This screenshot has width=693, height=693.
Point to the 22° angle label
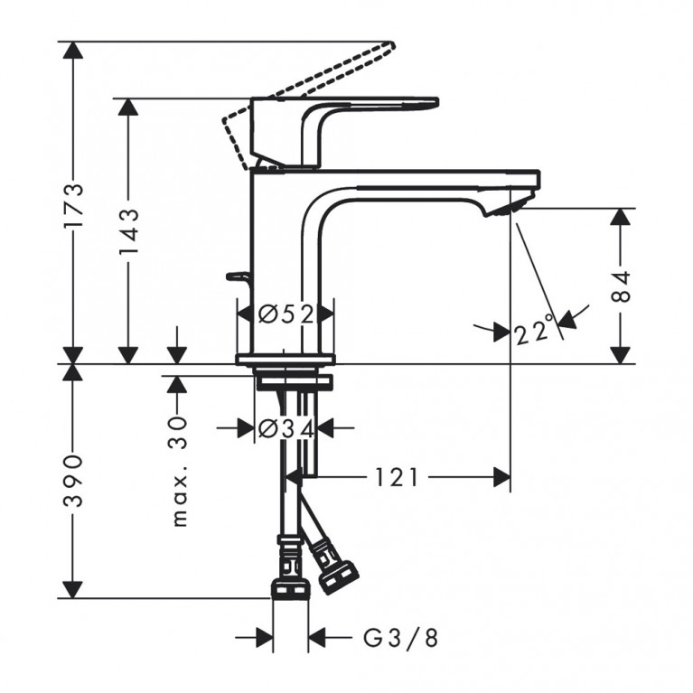(533, 332)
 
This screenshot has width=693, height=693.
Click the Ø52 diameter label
(285, 314)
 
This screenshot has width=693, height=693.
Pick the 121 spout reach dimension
(398, 477)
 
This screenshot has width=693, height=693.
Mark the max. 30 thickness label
(178, 470)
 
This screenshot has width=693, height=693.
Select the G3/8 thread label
(400, 640)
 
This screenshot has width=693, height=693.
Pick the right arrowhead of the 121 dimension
(502, 477)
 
